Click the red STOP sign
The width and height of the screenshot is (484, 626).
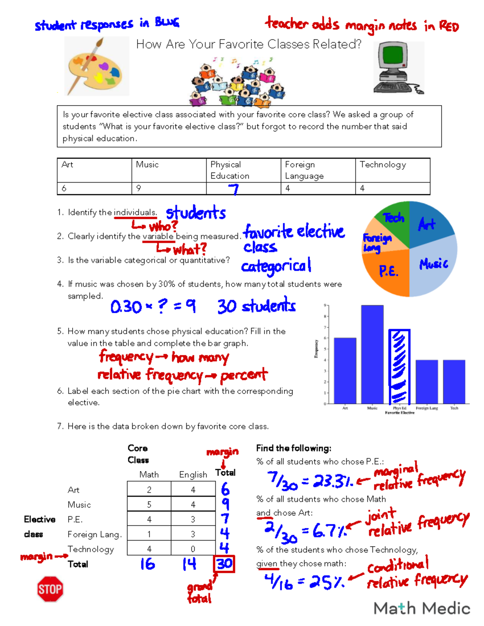coord(50,589)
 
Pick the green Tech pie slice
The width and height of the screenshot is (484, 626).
coord(391,218)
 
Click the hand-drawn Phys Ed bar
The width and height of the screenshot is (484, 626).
coord(399,367)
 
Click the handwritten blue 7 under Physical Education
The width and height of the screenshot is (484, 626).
coord(234,189)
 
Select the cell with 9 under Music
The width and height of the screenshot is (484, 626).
coord(169,188)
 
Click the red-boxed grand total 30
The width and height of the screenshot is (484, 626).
coord(224,564)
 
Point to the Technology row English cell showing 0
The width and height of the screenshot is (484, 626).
coord(193,549)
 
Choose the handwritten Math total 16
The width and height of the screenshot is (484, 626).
coord(148,564)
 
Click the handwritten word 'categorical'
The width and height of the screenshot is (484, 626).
coord(276,266)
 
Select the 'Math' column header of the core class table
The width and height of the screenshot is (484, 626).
coord(149,475)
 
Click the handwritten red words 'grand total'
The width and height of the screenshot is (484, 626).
coord(200,592)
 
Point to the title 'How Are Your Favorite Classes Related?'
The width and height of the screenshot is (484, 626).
coord(249,44)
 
